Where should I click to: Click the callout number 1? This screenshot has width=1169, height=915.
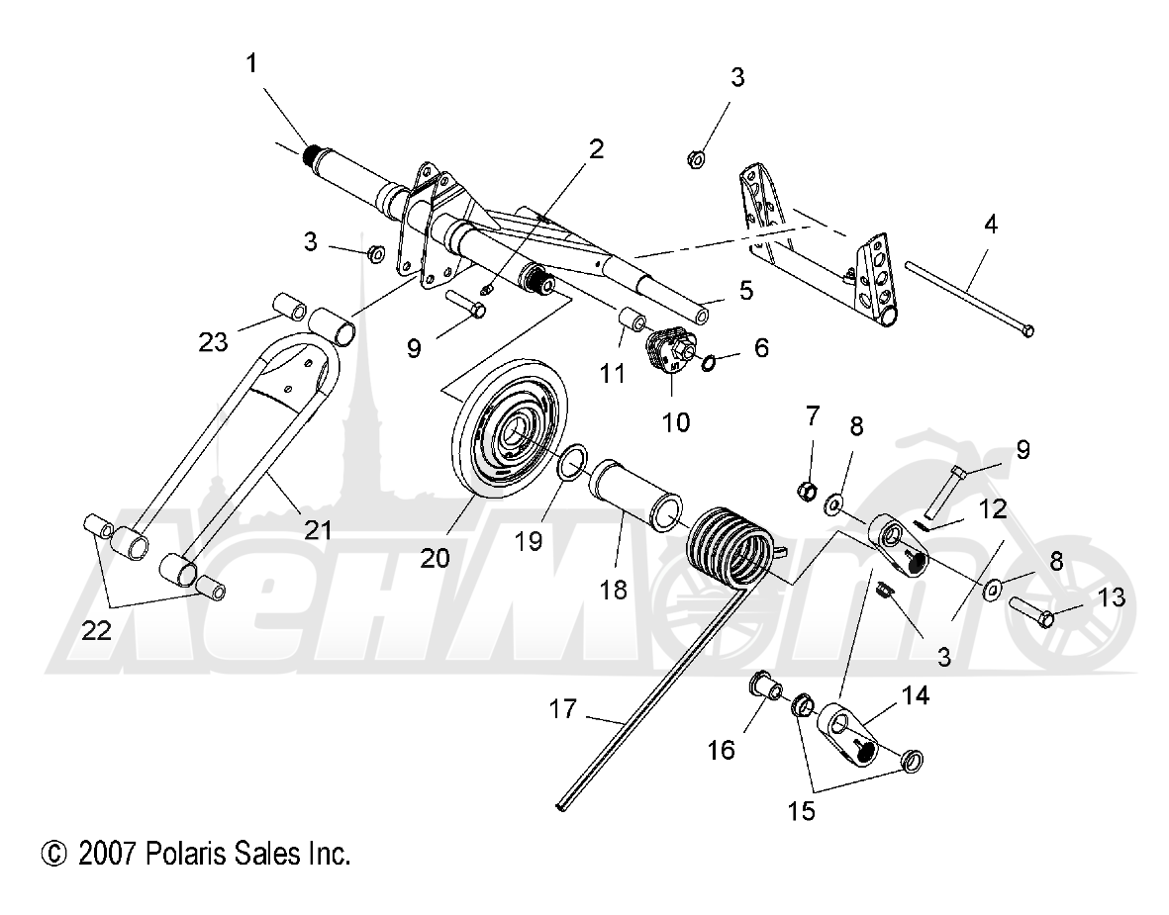pyautogui.click(x=250, y=66)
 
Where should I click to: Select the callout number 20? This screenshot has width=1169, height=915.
pyautogui.click(x=435, y=558)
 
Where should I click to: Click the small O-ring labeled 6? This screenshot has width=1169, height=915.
pyautogui.click(x=709, y=364)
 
